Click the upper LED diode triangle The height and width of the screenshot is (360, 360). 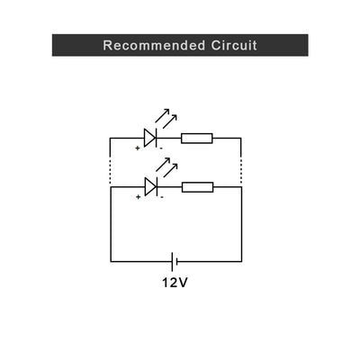[x=150, y=138]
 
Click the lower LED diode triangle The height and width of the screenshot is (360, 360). [x=150, y=186]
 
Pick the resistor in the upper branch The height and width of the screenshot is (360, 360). [x=197, y=138]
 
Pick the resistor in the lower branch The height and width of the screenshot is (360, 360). [x=197, y=186]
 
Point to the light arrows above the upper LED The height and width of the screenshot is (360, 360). [x=166, y=117]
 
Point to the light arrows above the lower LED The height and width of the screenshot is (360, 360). [x=166, y=166]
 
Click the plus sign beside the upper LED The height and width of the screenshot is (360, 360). [x=138, y=148]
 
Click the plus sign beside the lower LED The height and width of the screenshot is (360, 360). [x=138, y=196]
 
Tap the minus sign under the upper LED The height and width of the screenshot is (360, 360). [x=161, y=148]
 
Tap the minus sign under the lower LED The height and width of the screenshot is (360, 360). [x=161, y=196]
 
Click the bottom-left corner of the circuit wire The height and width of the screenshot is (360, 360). [x=111, y=261]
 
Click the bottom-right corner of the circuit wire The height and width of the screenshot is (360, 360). [x=241, y=261]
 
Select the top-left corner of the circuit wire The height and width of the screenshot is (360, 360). [x=111, y=138]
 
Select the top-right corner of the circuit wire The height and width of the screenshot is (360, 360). [x=241, y=138]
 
